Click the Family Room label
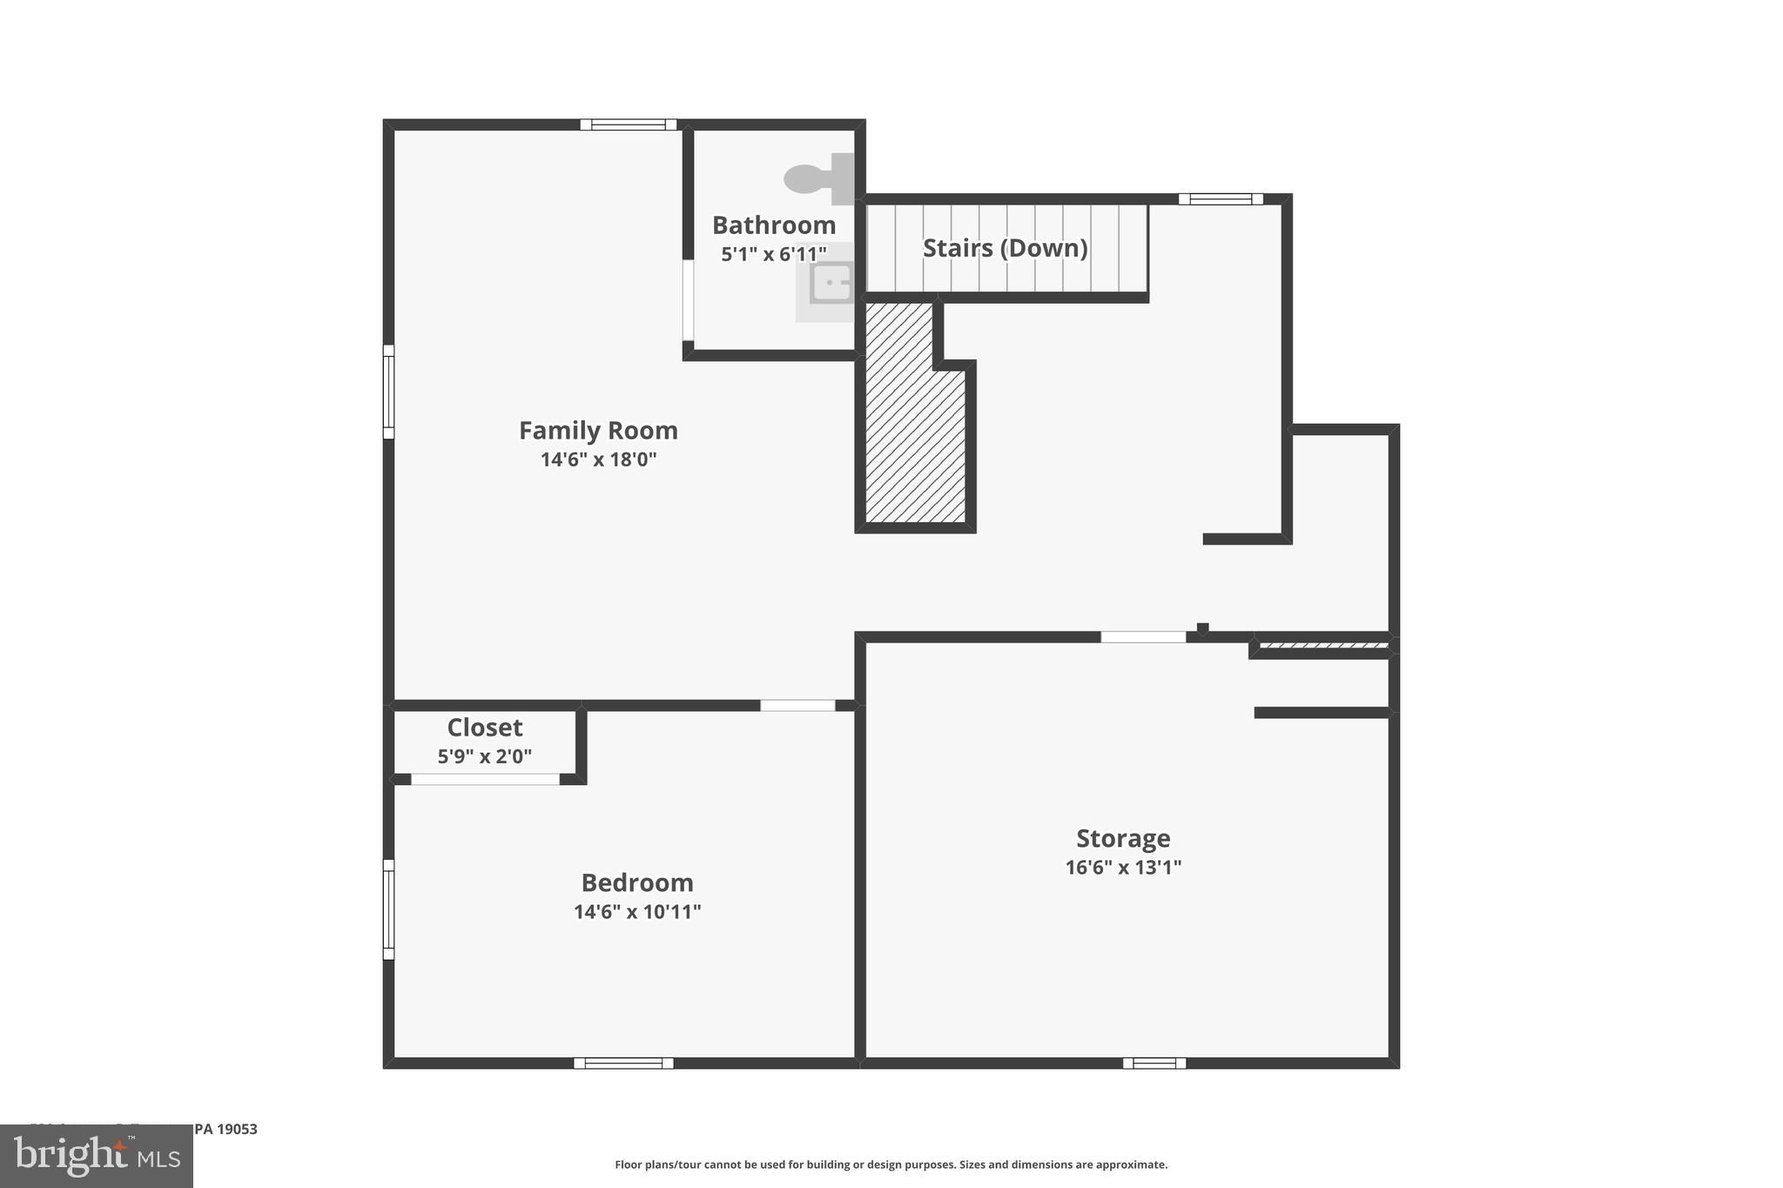coord(598,431)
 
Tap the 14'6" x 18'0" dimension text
coord(598,460)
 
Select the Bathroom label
coord(774,225)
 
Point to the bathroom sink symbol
coord(830,284)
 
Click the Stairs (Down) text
coord(1005,249)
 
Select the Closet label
coord(485,728)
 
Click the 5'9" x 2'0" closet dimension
coord(485,757)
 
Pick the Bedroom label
coord(637,883)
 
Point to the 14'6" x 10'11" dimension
coord(637,912)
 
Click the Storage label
coord(1123,839)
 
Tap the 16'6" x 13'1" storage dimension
coord(1123,868)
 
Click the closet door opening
coord(485,779)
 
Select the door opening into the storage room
coord(1143,637)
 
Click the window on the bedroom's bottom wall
coord(623,1063)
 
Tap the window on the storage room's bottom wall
coord(1154,1063)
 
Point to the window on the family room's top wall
coord(629,124)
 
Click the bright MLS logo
coord(97,1157)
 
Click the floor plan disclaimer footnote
coord(891,1165)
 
